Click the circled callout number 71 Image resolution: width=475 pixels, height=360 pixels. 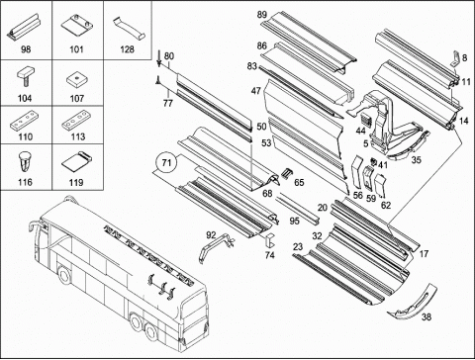coord(167,162)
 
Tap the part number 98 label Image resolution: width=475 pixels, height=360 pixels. coord(26,49)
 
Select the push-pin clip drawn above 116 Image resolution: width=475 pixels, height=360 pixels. coord(25,161)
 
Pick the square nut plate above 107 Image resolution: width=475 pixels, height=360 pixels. coord(76,80)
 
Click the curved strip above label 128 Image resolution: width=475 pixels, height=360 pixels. coord(130,28)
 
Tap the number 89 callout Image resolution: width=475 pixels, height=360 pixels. coord(262,15)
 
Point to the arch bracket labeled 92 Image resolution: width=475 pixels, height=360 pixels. coord(216,247)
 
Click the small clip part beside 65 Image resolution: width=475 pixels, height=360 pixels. coord(286,173)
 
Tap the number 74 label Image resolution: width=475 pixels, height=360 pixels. coord(270,255)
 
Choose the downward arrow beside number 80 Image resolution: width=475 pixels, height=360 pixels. coord(159,58)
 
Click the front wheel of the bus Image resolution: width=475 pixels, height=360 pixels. coord(63,274)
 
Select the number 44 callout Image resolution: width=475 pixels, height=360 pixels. coord(361,131)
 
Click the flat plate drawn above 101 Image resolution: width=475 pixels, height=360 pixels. coord(77,26)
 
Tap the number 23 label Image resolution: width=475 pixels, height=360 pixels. coord(298,246)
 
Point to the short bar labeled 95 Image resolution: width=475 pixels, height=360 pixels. coord(297,211)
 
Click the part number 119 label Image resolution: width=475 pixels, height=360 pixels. coord(76,182)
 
